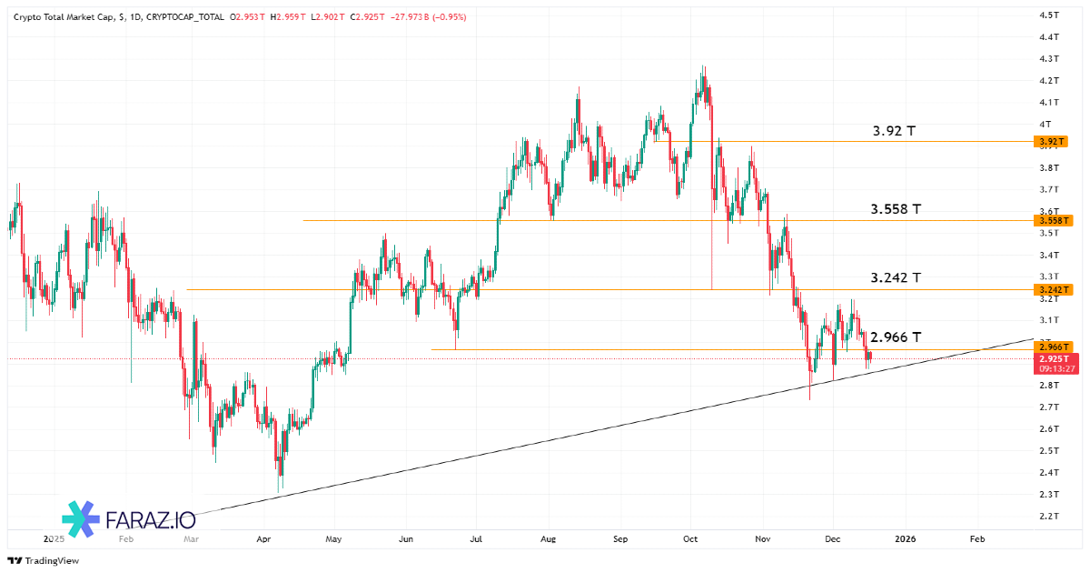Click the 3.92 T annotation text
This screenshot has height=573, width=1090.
pos(894,131)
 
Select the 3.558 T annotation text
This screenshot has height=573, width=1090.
pos(896,209)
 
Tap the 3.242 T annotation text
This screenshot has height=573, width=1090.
pos(896,277)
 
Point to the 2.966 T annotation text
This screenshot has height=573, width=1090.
pos(896,337)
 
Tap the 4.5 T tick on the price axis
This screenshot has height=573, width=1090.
pos(1049,15)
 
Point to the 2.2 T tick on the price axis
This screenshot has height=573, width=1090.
pos(1049,517)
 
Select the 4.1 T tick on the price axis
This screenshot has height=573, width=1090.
pos(1049,102)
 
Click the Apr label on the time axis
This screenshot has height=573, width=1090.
pos(264,538)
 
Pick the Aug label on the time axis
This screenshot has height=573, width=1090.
pos(547,538)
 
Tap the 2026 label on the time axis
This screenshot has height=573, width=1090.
pos(905,538)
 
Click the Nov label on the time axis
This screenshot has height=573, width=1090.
pos(763,538)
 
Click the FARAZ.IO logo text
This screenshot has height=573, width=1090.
pos(151,520)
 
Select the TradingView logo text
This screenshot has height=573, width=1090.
pos(51,560)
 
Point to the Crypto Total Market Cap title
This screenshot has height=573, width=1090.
pos(64,16)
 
